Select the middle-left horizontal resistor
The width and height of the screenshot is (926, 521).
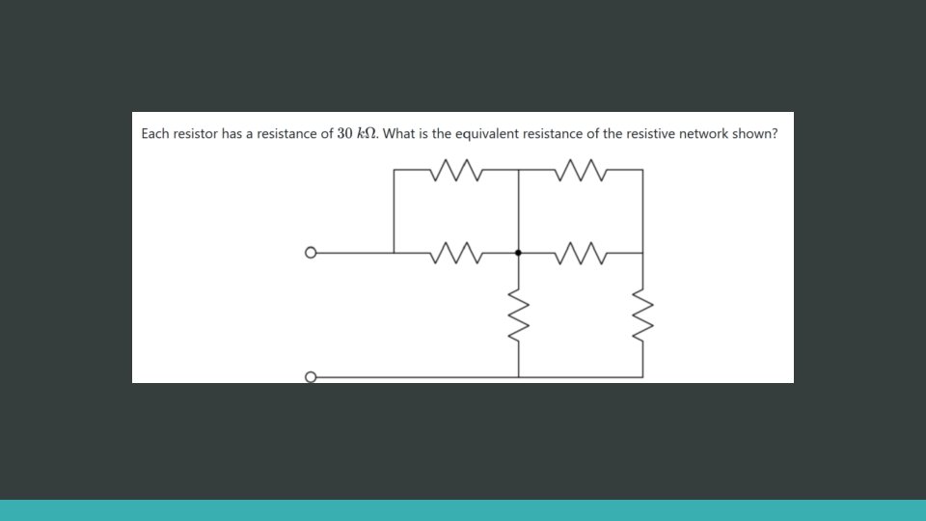(456, 253)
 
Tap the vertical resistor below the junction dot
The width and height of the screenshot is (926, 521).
(519, 314)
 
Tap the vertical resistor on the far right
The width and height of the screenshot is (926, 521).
(642, 314)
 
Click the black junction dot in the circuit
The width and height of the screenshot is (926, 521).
(519, 253)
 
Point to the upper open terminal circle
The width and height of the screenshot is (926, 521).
(310, 253)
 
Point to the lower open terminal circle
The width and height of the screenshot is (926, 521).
(310, 376)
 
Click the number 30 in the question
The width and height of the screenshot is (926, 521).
(346, 134)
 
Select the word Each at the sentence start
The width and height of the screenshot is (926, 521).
(155, 134)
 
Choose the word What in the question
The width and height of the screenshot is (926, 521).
(399, 134)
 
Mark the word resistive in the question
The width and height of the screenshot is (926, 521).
(650, 134)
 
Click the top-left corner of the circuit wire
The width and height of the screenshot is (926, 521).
(395, 170)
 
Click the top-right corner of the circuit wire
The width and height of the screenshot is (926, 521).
(642, 170)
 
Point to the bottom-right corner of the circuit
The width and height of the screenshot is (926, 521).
(642, 376)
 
